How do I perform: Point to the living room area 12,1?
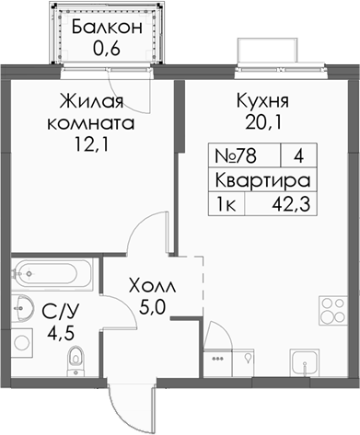pyautogui.click(x=95, y=143)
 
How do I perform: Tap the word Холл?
pyautogui.click(x=150, y=284)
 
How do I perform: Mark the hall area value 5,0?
pyautogui.click(x=150, y=306)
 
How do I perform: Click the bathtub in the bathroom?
pyautogui.click(x=52, y=273)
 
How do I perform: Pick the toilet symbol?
pyautogui.click(x=76, y=357)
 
